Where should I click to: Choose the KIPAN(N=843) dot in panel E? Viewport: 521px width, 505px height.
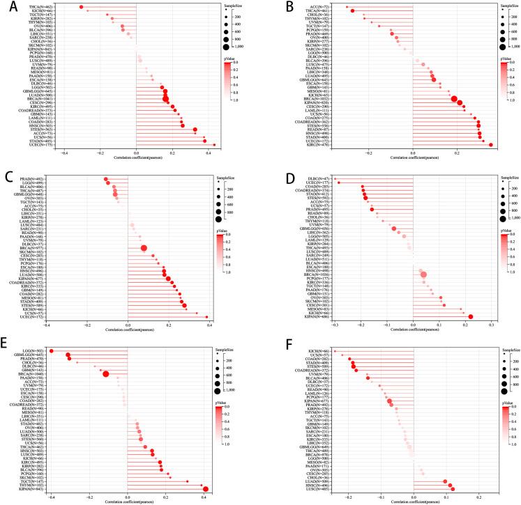[x=205, y=489]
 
